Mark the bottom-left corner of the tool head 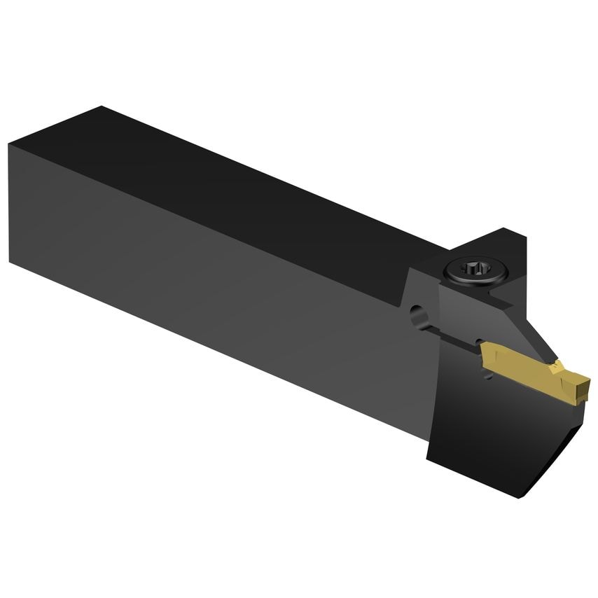click(429, 459)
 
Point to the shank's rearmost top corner click(102, 107)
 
